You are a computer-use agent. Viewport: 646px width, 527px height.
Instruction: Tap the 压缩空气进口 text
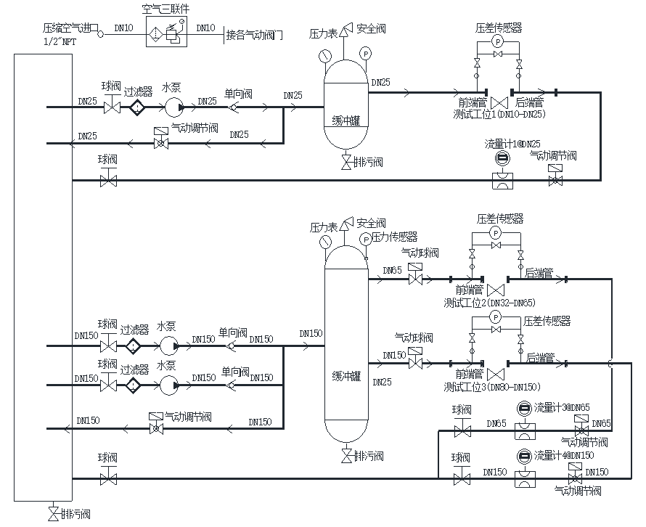[x=70, y=28]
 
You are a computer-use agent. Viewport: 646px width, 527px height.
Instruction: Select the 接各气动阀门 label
[x=254, y=34]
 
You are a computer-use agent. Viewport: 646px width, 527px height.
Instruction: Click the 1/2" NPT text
[x=60, y=41]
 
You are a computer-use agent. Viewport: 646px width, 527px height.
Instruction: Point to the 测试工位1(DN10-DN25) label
[x=499, y=114]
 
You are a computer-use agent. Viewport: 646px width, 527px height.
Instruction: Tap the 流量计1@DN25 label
[x=512, y=144]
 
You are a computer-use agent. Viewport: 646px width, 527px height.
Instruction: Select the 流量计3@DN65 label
[x=562, y=408]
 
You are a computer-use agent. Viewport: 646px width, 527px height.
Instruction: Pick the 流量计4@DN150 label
[x=564, y=456]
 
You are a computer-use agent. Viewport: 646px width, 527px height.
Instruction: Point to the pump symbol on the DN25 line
[x=172, y=107]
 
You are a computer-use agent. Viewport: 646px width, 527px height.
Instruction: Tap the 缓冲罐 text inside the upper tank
[x=346, y=121]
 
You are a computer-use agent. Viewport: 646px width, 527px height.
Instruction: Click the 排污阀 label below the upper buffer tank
[x=369, y=161]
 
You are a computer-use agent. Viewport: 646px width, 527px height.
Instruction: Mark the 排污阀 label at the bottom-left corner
[x=75, y=515]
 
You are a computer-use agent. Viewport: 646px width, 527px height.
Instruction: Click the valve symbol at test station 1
[x=499, y=102]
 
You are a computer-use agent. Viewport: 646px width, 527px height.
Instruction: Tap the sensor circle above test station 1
[x=498, y=43]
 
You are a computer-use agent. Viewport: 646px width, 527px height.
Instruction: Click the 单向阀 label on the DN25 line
[x=237, y=94]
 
